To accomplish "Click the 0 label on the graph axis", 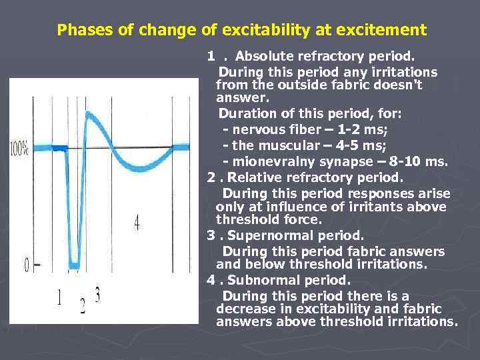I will point(27,265).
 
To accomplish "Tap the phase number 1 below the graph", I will point(60,297).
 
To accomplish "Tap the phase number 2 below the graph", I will point(83,306).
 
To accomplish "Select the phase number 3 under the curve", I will point(97,294).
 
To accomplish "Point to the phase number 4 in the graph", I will point(137,223).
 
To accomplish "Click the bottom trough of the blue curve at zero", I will point(74,262).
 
